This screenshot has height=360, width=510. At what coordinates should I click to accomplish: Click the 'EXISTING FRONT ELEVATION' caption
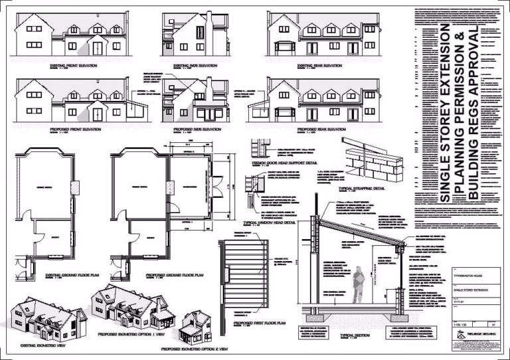[73, 66]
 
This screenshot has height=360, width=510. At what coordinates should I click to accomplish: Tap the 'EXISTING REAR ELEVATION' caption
[319, 66]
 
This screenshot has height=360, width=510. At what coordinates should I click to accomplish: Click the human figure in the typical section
[358, 282]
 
